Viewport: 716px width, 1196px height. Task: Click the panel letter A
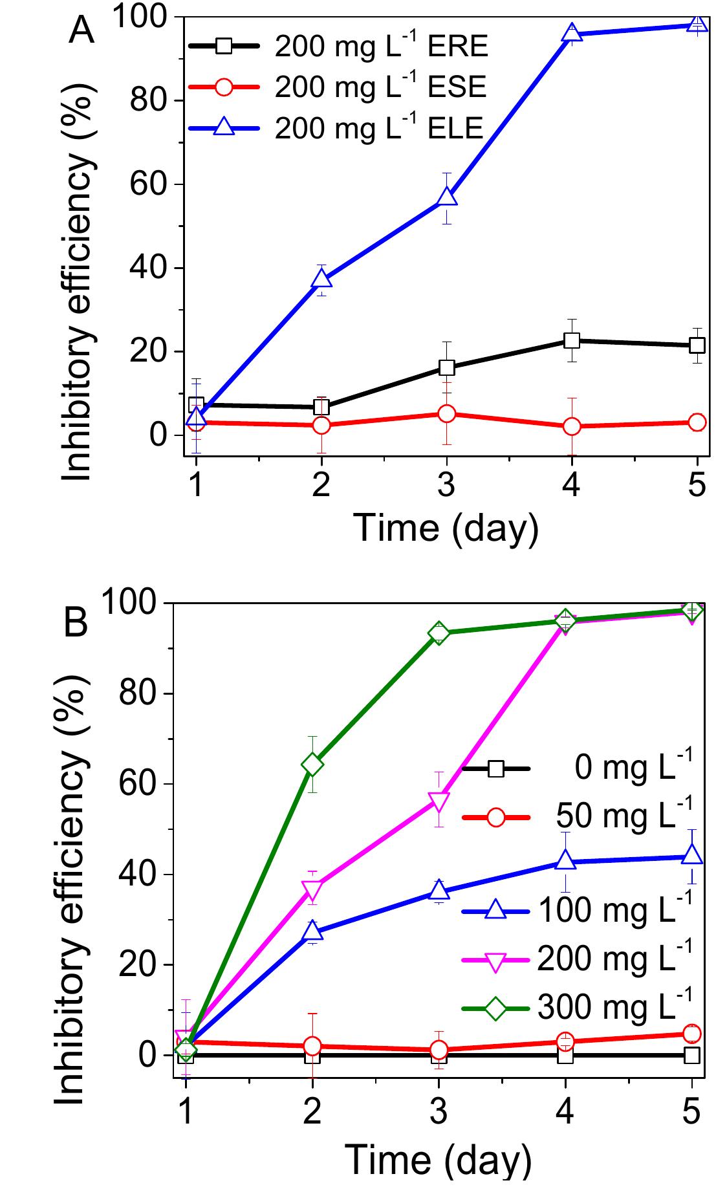(x=81, y=31)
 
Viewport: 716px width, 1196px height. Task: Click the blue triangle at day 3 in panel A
(x=447, y=197)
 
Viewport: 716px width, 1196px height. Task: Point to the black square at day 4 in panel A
(x=572, y=340)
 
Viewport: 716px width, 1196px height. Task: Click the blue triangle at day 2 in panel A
(x=321, y=279)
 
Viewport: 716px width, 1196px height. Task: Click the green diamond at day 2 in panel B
(x=312, y=765)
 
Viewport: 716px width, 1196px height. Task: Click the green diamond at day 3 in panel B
(x=439, y=633)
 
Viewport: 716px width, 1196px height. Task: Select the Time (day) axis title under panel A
(x=446, y=527)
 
